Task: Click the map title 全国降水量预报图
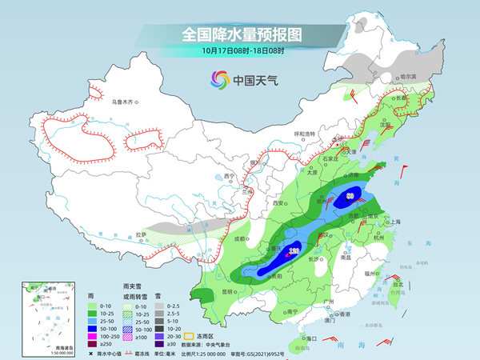click(241, 34)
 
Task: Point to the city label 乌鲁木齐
click(125, 102)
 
